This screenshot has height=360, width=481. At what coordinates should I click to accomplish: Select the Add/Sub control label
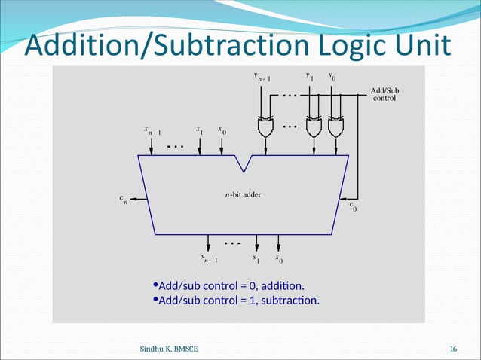pyautogui.click(x=384, y=94)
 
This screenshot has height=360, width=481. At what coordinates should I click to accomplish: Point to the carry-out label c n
pyautogui.click(x=122, y=200)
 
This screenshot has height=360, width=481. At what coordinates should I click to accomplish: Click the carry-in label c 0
pyautogui.click(x=353, y=206)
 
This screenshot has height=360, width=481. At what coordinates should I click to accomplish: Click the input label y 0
pyautogui.click(x=332, y=76)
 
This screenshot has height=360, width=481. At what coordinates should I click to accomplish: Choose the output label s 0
pyautogui.click(x=279, y=258)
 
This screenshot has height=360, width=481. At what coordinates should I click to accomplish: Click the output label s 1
pyautogui.click(x=257, y=258)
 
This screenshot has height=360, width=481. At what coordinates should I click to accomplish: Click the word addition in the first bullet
pyautogui.click(x=282, y=286)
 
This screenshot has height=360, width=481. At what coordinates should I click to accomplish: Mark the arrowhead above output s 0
pyautogui.click(x=279, y=247)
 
